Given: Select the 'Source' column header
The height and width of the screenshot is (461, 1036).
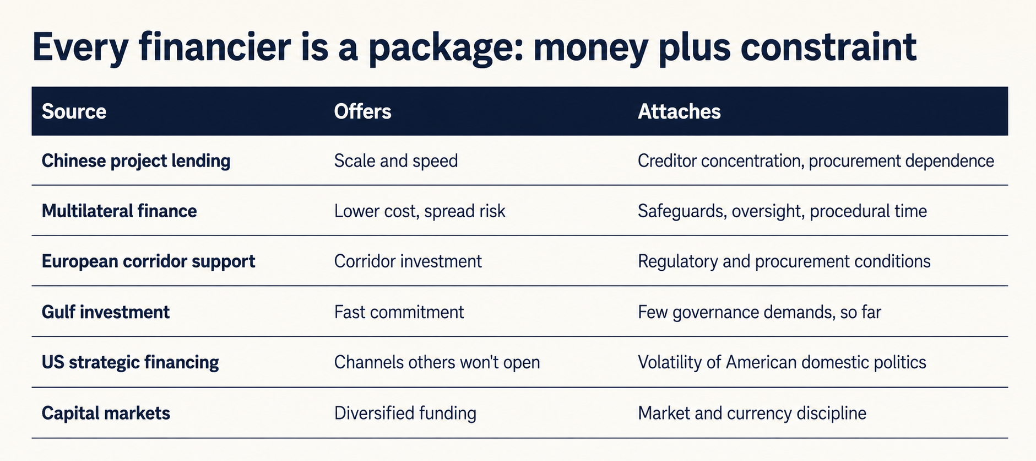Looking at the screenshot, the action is (74, 111).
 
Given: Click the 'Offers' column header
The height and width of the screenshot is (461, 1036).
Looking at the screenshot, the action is (362, 111).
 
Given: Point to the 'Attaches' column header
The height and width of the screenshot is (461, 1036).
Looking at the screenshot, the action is (679, 111).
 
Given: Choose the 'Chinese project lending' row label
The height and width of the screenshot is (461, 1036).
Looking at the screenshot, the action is (136, 161).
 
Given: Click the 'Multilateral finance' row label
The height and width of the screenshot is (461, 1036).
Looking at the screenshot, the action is (119, 211).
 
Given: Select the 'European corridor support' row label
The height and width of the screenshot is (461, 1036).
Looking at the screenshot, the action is (148, 261).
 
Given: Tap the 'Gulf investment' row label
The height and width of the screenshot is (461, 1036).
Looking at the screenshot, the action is (106, 312).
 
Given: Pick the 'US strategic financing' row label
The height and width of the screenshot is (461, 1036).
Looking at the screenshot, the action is (130, 362).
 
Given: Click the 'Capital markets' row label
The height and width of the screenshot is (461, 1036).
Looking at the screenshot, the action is (106, 413).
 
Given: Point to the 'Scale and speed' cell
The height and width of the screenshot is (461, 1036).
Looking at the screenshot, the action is (396, 161).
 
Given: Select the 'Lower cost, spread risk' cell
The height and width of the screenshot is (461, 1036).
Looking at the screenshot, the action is (420, 211).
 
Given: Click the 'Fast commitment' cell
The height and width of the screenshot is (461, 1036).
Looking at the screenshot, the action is (399, 312).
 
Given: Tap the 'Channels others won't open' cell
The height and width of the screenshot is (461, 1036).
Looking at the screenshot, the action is (437, 362).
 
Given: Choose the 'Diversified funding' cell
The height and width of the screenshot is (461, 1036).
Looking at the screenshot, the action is (405, 413).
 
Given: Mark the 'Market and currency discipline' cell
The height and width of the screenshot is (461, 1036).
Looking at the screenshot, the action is (752, 413).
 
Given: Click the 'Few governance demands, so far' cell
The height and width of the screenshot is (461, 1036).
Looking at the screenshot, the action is (760, 312).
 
